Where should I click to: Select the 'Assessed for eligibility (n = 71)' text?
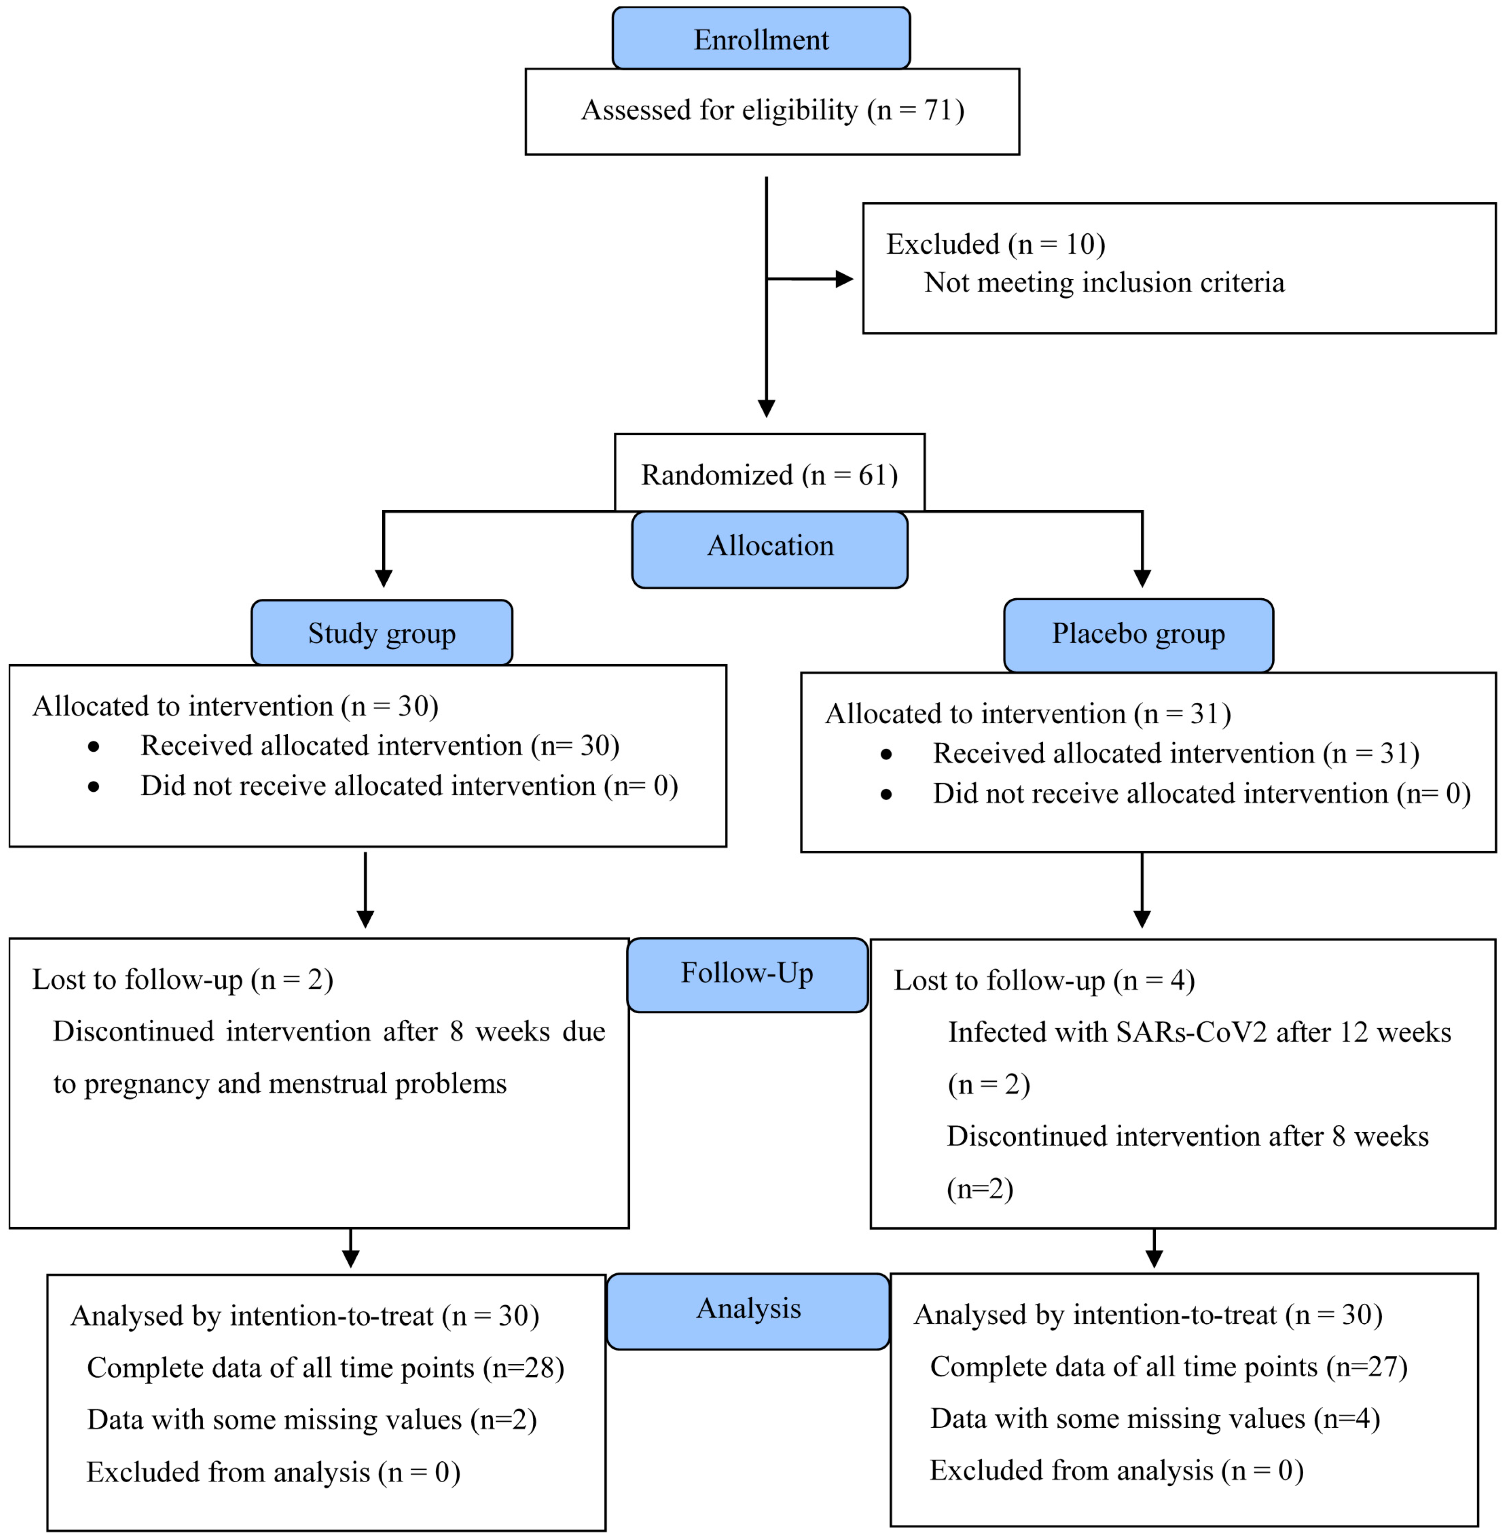point(772,110)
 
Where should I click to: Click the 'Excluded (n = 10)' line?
point(995,244)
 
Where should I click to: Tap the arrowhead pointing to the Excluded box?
point(844,279)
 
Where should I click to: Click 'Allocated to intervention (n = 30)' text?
point(235,705)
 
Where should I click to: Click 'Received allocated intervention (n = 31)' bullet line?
point(1175,753)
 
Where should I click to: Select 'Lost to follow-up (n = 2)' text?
point(182,980)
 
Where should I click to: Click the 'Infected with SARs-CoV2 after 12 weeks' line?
point(1199,1032)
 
